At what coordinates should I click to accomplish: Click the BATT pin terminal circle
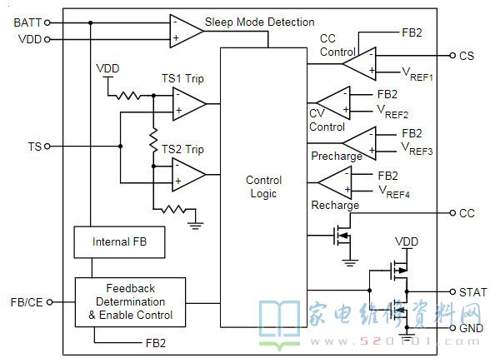(x=47, y=22)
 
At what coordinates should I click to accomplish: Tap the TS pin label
(x=35, y=147)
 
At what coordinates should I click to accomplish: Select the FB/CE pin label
(x=27, y=302)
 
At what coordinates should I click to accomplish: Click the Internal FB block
(x=119, y=242)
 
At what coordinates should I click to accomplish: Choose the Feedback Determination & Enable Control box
(x=130, y=302)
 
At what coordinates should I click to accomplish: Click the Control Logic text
(x=263, y=186)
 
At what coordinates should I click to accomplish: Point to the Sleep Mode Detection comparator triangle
(x=187, y=31)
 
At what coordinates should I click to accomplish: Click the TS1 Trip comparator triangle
(x=189, y=103)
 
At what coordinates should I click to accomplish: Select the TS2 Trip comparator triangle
(x=188, y=175)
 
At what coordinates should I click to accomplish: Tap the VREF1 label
(x=417, y=74)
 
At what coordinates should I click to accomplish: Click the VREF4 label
(x=394, y=191)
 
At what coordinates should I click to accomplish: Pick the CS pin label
(x=467, y=56)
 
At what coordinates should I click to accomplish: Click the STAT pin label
(x=472, y=292)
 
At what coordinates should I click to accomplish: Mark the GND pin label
(x=472, y=328)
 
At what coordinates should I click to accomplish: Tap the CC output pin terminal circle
(x=452, y=213)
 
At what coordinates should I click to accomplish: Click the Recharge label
(x=335, y=205)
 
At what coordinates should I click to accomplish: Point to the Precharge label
(x=337, y=156)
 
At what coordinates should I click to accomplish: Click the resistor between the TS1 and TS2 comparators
(x=153, y=141)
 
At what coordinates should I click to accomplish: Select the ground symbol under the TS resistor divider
(x=196, y=226)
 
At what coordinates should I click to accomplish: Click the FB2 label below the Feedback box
(x=156, y=343)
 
